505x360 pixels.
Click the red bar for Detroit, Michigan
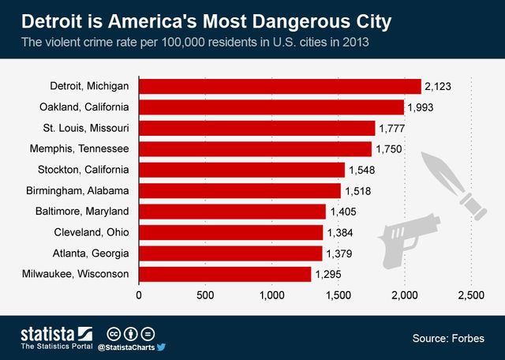pos(280,86)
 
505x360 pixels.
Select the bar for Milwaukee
pos(225,274)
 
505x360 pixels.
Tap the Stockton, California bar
pos(241,170)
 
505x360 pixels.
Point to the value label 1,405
pos(344,212)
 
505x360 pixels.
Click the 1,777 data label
pos(393,128)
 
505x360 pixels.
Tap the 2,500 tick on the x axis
pos(471,295)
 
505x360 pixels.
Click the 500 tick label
pos(205,295)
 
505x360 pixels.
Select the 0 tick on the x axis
pos(140,295)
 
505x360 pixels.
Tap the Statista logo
pos(56,332)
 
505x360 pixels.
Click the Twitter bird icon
pos(161,347)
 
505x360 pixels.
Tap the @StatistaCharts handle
pos(125,347)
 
